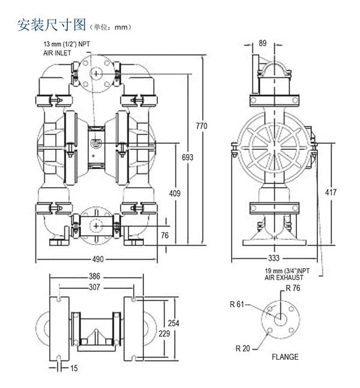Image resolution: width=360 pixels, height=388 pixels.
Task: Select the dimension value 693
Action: [187, 158]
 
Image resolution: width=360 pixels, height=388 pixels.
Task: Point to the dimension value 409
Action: [175, 193]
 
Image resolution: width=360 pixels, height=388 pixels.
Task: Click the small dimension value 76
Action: [166, 235]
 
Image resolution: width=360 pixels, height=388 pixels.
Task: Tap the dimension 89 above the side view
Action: [262, 43]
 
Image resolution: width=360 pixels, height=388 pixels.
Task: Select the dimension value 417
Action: [331, 193]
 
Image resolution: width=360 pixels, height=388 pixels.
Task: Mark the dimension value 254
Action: [173, 323]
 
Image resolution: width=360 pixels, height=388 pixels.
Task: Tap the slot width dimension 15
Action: [73, 368]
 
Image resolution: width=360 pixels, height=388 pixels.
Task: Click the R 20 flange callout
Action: [242, 348]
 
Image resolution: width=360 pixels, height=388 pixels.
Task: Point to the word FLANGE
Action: [284, 357]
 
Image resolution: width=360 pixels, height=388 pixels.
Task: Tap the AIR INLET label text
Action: [57, 53]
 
